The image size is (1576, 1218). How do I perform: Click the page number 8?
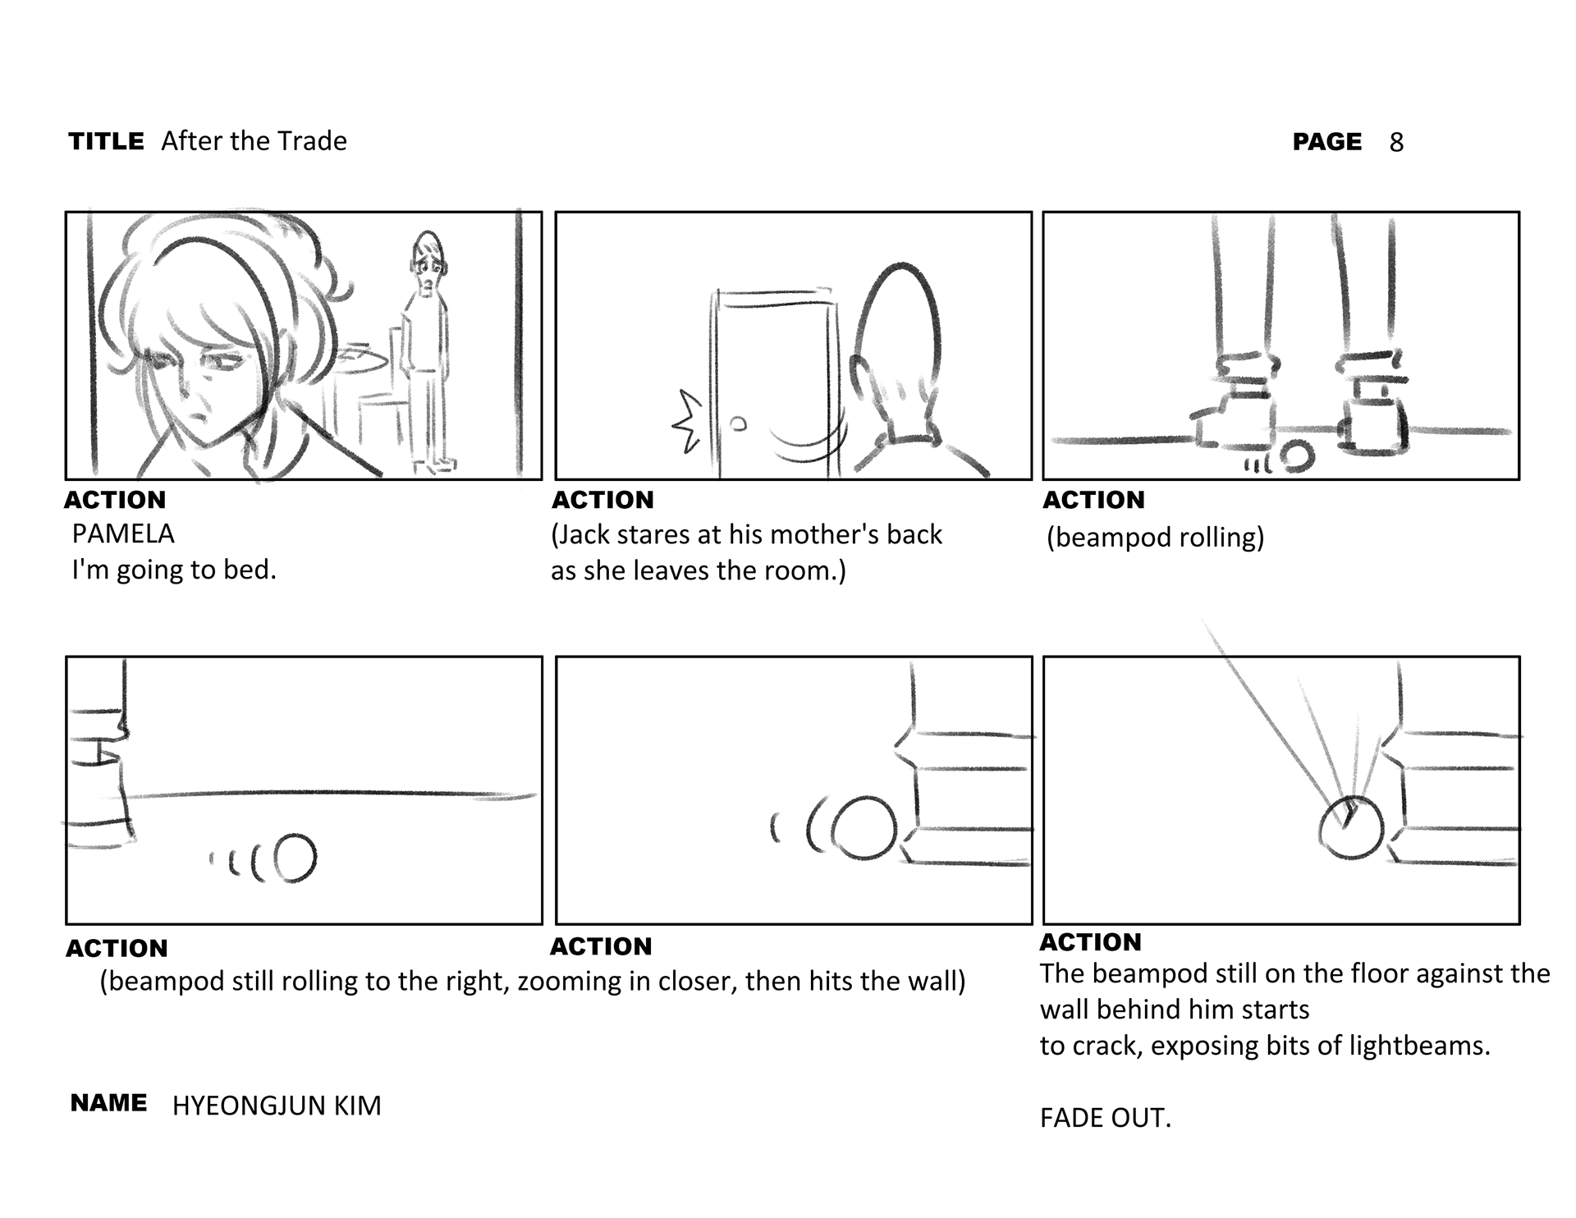tap(1396, 143)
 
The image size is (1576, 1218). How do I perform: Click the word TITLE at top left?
tap(106, 141)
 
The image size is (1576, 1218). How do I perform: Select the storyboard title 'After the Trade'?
tap(254, 141)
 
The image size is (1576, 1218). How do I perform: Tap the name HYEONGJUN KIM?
tap(277, 1106)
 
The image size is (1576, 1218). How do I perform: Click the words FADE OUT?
tap(1105, 1118)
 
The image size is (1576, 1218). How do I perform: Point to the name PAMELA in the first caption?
tap(123, 534)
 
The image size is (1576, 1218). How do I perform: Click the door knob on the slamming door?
tap(738, 424)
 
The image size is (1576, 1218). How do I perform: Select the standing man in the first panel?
tap(428, 345)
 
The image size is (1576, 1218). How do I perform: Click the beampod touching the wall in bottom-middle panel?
tap(864, 827)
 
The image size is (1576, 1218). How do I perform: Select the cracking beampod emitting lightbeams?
tap(1351, 827)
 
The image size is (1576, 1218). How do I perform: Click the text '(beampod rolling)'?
tap(1155, 538)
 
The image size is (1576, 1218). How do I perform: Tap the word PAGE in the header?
tap(1326, 142)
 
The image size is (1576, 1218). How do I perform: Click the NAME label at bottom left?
tap(108, 1103)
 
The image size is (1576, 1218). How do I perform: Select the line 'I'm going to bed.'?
tap(174, 570)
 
